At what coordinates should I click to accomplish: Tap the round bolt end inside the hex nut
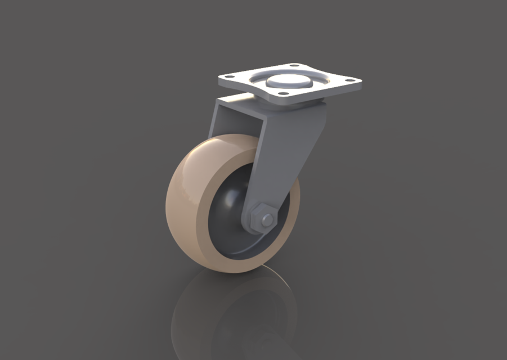point(266,218)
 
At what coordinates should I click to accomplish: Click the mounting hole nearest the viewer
point(284,93)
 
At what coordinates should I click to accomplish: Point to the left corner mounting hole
point(230,79)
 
